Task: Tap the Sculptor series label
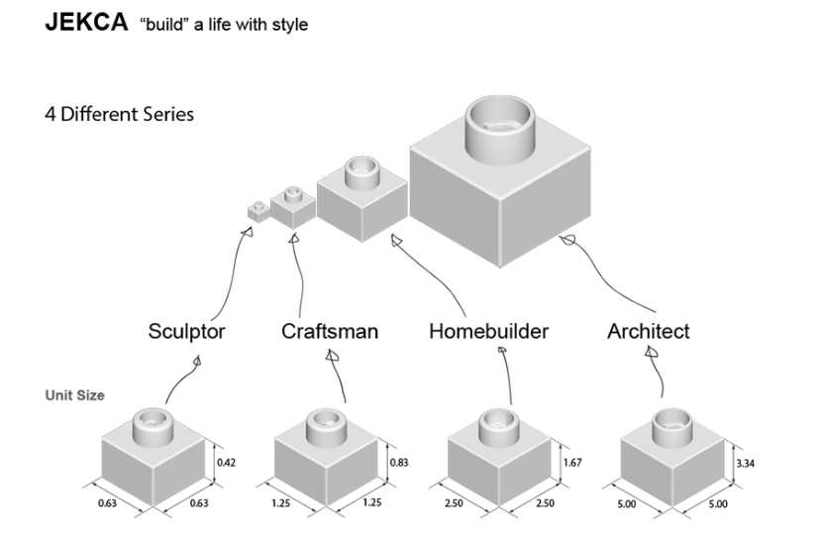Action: [186, 331]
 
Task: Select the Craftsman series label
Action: [329, 331]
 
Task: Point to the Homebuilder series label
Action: [488, 331]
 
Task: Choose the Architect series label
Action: [648, 331]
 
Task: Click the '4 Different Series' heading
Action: [119, 114]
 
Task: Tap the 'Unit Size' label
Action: [74, 395]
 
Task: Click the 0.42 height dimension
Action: [227, 463]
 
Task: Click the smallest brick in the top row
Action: [258, 210]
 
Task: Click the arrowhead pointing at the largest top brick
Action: [566, 240]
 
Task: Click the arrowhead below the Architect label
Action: [651, 352]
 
